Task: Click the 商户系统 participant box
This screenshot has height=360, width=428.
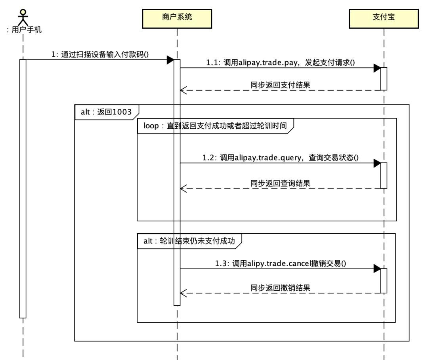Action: (x=177, y=18)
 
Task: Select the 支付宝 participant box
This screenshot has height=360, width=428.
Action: (x=383, y=18)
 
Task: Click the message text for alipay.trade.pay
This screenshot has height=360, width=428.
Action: (x=280, y=63)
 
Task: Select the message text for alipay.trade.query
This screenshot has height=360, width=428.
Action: (x=280, y=158)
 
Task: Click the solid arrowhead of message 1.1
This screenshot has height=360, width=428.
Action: (x=377, y=68)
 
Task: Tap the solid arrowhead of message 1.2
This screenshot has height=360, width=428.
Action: (x=377, y=163)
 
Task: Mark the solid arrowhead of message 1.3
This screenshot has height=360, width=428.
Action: (x=377, y=269)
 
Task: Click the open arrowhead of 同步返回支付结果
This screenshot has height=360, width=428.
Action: (x=183, y=90)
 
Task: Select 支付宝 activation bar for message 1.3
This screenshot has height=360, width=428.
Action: (x=384, y=281)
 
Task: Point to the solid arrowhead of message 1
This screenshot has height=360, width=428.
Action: (x=170, y=60)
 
